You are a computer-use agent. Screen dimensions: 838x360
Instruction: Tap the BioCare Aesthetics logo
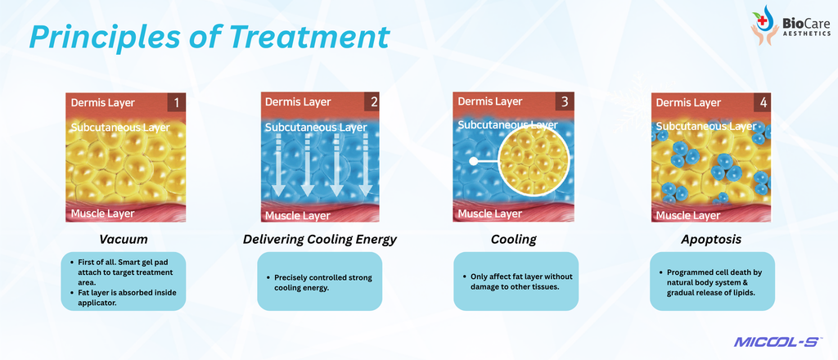point(791,25)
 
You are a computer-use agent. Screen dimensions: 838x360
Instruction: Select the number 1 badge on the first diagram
point(177,102)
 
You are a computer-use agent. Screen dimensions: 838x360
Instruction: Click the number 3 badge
point(564,101)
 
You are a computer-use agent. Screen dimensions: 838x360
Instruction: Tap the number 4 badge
point(762,102)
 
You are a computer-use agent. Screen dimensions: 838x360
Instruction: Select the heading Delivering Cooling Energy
point(320,239)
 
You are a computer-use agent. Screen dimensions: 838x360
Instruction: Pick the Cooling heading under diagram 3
point(514,239)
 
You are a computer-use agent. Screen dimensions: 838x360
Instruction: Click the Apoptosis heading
point(711,239)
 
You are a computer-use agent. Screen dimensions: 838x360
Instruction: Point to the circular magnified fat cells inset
point(534,160)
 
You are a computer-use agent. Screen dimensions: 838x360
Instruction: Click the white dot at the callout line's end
point(473,160)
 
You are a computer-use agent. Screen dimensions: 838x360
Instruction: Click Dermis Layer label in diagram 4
point(688,102)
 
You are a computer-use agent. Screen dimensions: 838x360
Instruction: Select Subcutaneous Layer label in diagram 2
point(316,128)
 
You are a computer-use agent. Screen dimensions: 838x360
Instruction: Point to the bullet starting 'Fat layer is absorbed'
point(124,298)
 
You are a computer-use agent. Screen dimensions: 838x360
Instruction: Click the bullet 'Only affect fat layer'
point(516,281)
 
